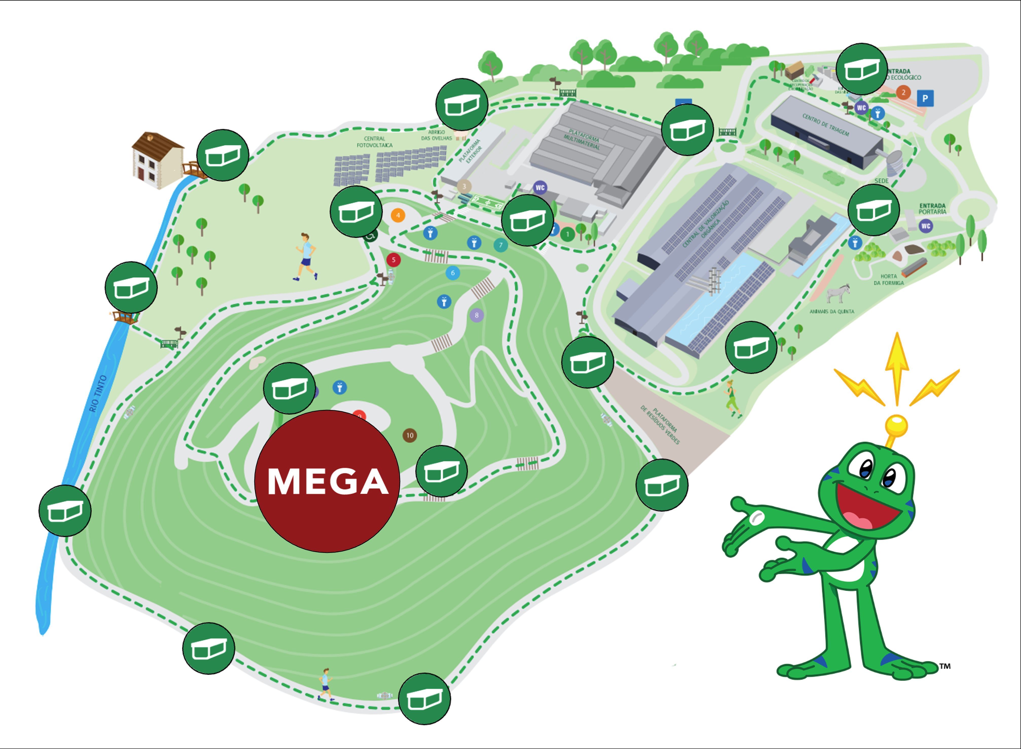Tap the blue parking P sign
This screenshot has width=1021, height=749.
coord(925,98)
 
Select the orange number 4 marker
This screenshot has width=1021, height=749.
coord(398,215)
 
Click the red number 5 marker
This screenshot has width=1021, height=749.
coord(393,260)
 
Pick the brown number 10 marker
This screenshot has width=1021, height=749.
coord(410,435)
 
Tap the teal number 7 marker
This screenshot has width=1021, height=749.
coord(501,245)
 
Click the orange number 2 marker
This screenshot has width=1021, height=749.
coord(903,92)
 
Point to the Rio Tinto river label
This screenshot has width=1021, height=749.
coord(98,394)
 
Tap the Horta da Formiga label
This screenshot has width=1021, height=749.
coord(888,279)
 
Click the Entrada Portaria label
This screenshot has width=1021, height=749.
coord(933,209)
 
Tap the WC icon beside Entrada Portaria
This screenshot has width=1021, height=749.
coord(926,226)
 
